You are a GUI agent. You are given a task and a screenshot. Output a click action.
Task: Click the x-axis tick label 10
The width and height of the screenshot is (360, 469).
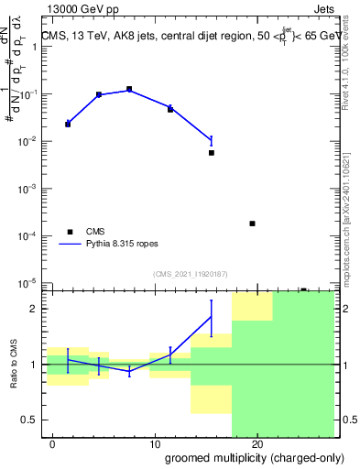click(x=155, y=444)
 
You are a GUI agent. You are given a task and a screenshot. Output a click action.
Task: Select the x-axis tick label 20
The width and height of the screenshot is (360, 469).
click(x=257, y=444)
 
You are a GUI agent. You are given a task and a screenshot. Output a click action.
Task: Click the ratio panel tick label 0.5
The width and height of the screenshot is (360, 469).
click(x=30, y=420)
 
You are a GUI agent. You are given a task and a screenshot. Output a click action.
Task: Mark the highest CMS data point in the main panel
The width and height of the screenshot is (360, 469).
click(x=129, y=89)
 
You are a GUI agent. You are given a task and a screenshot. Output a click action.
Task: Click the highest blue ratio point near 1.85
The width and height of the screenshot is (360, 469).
click(x=211, y=317)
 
